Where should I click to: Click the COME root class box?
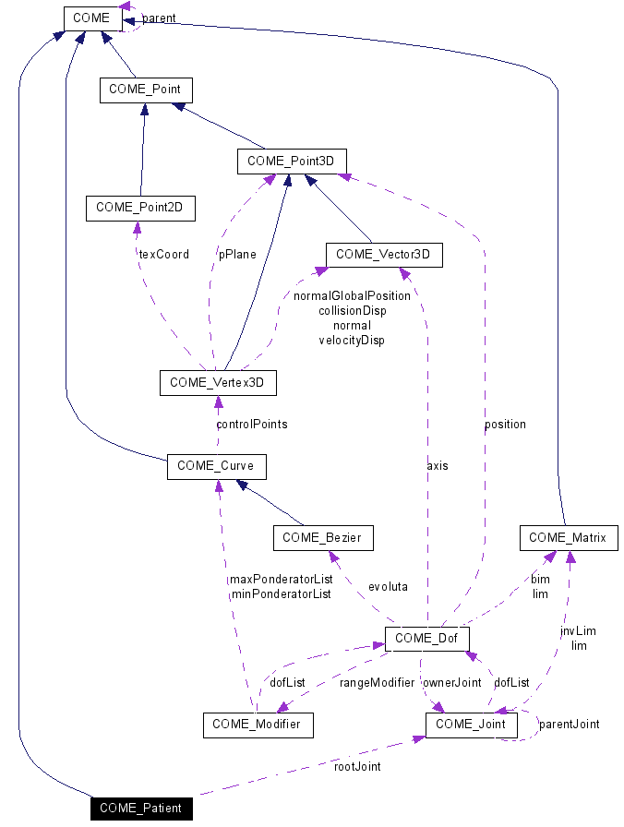click(90, 18)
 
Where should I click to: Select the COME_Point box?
click(146, 90)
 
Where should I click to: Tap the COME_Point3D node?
click(292, 162)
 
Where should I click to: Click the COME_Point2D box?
click(140, 209)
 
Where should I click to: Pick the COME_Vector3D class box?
click(384, 254)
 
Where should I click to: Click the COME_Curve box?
click(216, 466)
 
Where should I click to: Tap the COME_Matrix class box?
click(568, 537)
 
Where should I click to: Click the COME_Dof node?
click(427, 638)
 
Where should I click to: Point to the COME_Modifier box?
click(258, 725)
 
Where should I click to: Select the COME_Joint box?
click(471, 725)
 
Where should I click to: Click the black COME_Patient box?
click(142, 809)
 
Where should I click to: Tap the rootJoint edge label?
click(357, 766)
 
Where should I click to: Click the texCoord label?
click(163, 254)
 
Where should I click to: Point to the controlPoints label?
click(251, 425)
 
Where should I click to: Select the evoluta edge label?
click(388, 586)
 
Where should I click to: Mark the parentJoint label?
click(569, 725)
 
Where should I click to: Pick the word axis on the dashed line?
click(438, 466)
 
